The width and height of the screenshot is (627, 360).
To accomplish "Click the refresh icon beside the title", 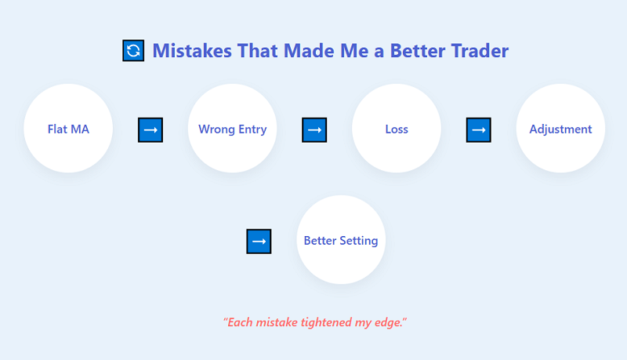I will coord(133,51).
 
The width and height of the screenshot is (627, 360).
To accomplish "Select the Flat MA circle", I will coord(68,129).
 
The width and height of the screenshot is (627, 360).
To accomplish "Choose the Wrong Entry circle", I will coord(232,129).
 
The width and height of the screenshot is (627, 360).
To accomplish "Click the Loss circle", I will coord(397,129).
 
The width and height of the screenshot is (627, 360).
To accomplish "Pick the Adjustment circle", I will coord(560,129).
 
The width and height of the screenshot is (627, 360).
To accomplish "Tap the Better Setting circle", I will coord(341,240).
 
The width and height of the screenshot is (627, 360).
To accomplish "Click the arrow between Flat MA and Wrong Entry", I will coord(150,129).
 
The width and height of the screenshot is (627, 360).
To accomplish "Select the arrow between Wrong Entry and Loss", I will coord(314,129).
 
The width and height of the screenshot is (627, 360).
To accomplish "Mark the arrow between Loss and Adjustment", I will coord(478,129).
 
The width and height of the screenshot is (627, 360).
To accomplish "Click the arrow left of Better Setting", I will coord(259,241).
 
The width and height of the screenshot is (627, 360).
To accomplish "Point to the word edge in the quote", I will coord(389,322).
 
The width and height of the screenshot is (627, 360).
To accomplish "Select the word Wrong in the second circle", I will coord(215,129).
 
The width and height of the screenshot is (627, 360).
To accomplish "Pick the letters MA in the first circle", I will coord(79,129).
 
